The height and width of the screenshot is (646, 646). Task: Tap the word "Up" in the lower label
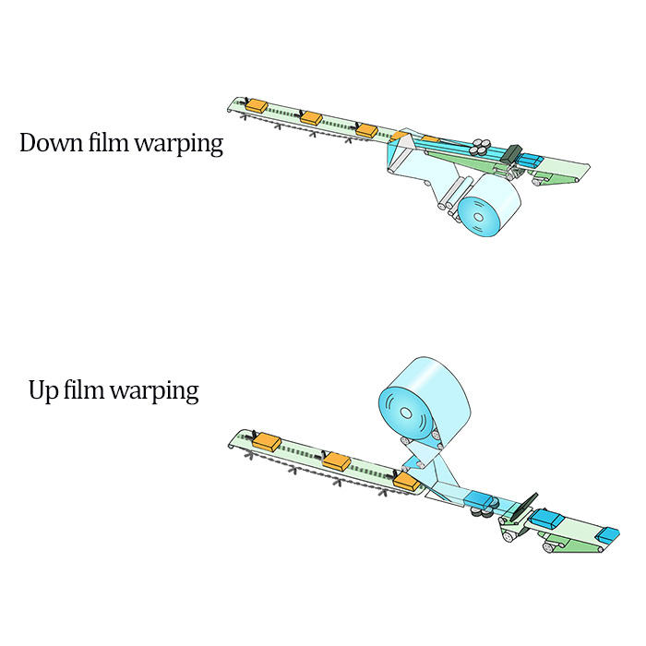click(x=43, y=390)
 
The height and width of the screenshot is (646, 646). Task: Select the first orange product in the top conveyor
click(x=256, y=106)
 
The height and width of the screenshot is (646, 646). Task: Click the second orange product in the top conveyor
click(x=311, y=118)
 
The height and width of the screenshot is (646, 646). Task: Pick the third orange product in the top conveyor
click(x=366, y=130)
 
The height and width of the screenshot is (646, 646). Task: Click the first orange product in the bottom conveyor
click(x=266, y=441)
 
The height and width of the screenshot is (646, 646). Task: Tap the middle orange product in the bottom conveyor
click(x=337, y=461)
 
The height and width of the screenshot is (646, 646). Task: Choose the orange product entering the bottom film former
click(x=403, y=481)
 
